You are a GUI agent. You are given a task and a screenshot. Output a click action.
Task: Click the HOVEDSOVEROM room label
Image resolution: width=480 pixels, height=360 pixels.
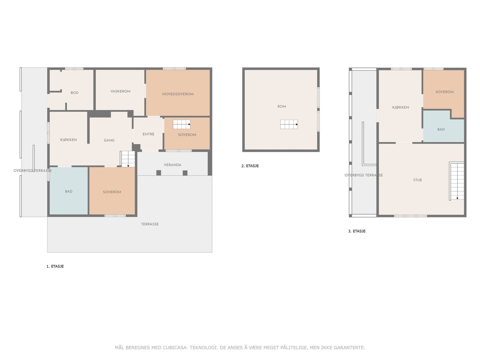click(178, 94)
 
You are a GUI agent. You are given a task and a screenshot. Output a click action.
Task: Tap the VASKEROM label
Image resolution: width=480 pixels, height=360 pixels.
click(120, 91)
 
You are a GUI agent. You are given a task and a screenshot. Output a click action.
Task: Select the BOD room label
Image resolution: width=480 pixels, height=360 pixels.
click(74, 93)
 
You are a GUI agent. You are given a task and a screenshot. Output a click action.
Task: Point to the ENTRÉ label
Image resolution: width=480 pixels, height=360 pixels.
click(148, 134)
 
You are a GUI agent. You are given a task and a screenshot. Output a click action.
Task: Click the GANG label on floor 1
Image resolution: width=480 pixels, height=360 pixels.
click(109, 140)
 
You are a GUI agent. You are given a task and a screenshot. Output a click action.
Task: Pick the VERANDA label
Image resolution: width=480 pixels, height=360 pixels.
click(172, 165)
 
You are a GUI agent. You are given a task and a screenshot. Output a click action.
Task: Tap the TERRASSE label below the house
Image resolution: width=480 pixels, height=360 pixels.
click(150, 224)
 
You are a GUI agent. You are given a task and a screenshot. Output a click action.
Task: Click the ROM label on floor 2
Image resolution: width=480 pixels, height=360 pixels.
click(282, 106)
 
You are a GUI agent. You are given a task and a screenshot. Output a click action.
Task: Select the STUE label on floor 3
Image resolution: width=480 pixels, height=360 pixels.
click(418, 180)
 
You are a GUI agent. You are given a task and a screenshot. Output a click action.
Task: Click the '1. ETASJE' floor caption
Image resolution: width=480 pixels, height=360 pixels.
click(55, 266)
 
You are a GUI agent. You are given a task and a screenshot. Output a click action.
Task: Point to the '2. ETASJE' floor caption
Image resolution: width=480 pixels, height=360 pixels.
click(250, 166)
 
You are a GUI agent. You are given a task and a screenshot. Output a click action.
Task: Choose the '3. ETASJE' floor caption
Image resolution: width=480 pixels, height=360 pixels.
click(357, 231)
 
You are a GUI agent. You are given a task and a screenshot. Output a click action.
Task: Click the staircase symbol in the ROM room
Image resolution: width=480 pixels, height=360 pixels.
click(289, 124)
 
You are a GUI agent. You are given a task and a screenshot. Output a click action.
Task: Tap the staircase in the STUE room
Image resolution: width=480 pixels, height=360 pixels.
click(456, 181)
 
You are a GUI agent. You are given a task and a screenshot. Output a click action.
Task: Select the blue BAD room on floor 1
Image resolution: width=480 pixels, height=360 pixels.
click(69, 191)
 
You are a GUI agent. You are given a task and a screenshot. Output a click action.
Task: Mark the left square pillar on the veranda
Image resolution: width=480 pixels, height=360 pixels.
click(158, 173)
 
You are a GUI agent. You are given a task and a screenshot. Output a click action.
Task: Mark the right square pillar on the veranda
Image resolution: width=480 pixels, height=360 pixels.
click(185, 173)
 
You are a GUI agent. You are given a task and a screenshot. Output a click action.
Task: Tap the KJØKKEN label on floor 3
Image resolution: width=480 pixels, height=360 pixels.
click(400, 107)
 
